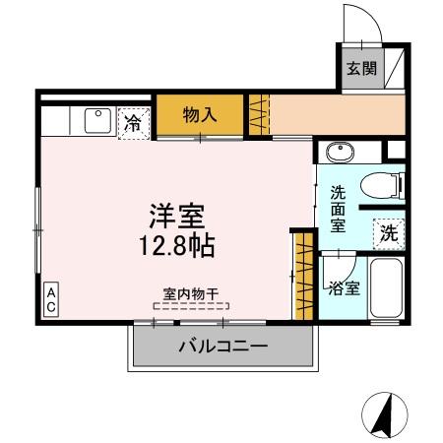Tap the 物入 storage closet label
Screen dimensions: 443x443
click(x=200, y=114)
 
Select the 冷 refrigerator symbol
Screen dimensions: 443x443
click(x=131, y=123)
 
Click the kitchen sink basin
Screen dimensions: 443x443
click(x=97, y=120)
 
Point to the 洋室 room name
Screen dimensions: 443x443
click(x=177, y=215)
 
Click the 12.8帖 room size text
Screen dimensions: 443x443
click(x=177, y=243)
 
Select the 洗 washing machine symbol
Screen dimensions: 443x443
click(x=389, y=233)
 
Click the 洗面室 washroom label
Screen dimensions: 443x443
click(x=338, y=209)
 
